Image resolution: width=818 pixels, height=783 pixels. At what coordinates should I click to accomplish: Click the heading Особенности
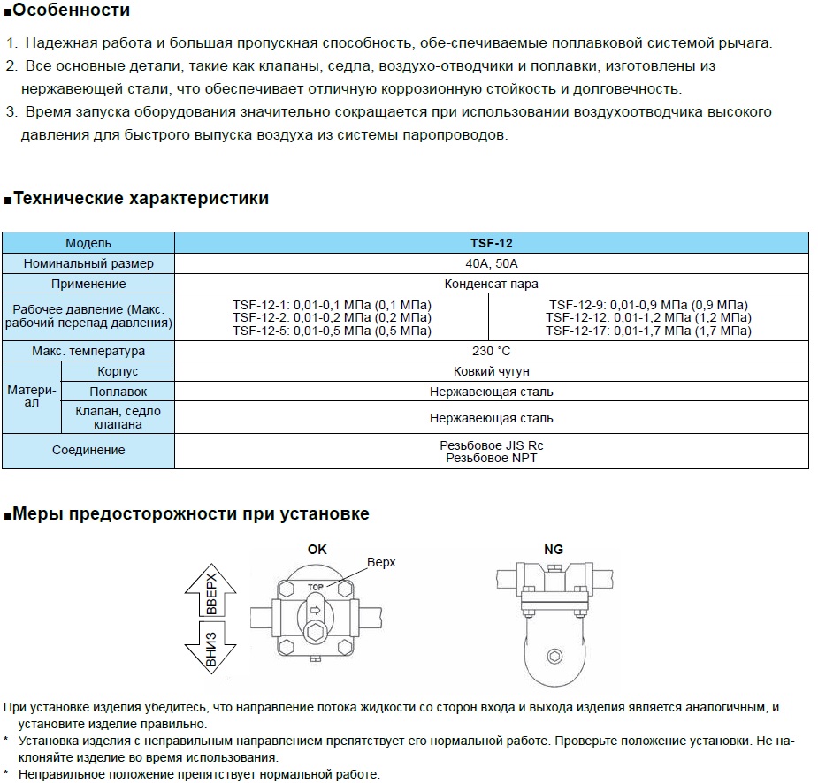coord(71,11)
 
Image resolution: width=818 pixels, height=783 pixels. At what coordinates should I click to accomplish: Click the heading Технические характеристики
coord(141,198)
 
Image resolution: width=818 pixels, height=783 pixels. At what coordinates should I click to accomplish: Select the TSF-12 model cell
coord(491,243)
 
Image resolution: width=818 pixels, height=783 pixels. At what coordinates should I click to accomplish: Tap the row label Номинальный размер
coord(88,263)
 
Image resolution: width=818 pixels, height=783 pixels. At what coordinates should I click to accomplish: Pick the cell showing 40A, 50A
coord(491,263)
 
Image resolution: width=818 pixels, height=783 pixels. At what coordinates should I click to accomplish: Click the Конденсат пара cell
coord(491,284)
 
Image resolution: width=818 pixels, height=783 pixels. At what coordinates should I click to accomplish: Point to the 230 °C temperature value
coord(491,351)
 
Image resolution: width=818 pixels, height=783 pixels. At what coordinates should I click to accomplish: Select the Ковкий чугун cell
coord(491,372)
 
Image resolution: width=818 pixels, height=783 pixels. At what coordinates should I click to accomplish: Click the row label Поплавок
coord(118,391)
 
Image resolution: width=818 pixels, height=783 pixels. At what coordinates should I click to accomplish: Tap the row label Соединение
coord(88,450)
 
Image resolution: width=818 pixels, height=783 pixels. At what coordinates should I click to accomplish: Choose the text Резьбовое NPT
coord(491,458)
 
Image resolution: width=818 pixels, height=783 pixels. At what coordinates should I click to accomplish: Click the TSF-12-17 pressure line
coord(648,331)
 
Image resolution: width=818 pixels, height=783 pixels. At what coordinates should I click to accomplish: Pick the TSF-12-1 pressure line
coord(332,305)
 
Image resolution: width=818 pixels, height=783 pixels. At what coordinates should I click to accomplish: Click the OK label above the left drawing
coord(317,549)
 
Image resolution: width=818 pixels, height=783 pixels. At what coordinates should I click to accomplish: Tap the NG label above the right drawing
coord(554,549)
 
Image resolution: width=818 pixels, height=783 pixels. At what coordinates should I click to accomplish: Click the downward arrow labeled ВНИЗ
coord(210,650)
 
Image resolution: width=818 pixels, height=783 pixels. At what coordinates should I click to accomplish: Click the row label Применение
coord(88,284)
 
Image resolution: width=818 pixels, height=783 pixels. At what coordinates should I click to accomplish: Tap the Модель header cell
coord(88,243)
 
